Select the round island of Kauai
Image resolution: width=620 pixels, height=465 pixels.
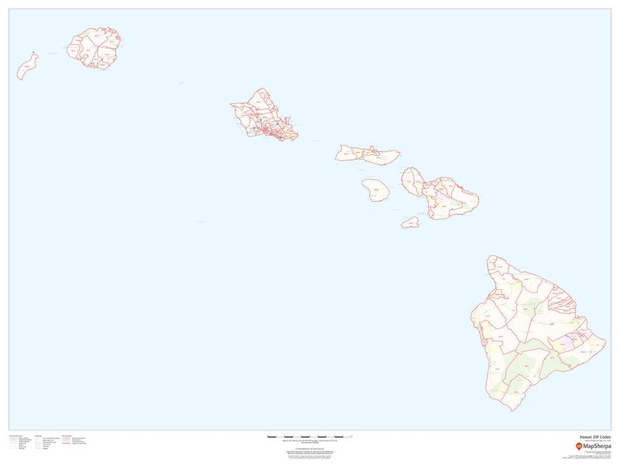click(95, 48)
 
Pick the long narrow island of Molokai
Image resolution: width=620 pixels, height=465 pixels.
click(367, 154)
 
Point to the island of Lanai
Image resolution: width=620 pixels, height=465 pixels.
click(376, 190)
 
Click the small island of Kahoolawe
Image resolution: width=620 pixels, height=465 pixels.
click(410, 221)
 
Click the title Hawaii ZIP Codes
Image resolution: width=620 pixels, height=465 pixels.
click(594, 437)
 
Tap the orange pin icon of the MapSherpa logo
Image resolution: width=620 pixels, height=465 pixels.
click(579, 446)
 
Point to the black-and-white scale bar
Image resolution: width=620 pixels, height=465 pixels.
click(309, 437)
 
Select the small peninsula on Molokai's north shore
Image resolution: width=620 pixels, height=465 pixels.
click(374, 146)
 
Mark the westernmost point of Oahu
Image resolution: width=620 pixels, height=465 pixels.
click(230, 104)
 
